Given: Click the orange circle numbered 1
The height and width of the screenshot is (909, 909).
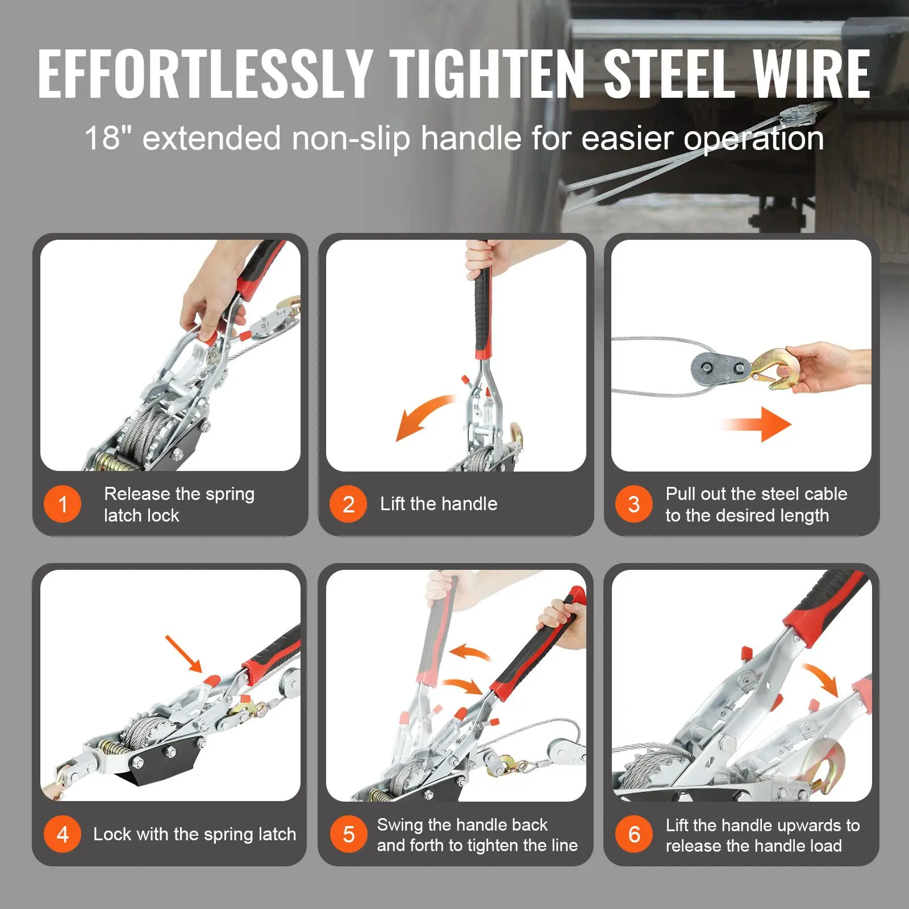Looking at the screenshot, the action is point(62,504).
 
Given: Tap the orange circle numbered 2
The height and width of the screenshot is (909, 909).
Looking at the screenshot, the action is point(348,504).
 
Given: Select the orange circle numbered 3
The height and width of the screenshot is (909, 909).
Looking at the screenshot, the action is point(634,504).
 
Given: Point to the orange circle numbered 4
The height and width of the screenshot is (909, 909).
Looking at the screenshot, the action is point(62,834).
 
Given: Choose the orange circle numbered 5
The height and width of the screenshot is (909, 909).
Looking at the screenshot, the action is point(348,834).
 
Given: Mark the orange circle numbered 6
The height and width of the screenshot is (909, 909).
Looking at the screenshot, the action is point(634,834).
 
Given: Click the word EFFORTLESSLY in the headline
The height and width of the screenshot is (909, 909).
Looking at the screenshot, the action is point(205,73).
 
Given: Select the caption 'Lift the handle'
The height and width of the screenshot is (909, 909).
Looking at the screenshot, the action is point(439,503).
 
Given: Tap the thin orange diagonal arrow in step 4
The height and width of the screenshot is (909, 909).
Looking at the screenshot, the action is point(184,654).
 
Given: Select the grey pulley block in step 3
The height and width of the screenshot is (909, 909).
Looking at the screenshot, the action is point(719,369).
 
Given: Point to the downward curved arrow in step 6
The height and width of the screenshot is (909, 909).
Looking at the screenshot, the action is point(822,678).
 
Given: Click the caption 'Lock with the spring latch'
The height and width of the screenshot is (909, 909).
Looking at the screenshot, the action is point(194,834).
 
